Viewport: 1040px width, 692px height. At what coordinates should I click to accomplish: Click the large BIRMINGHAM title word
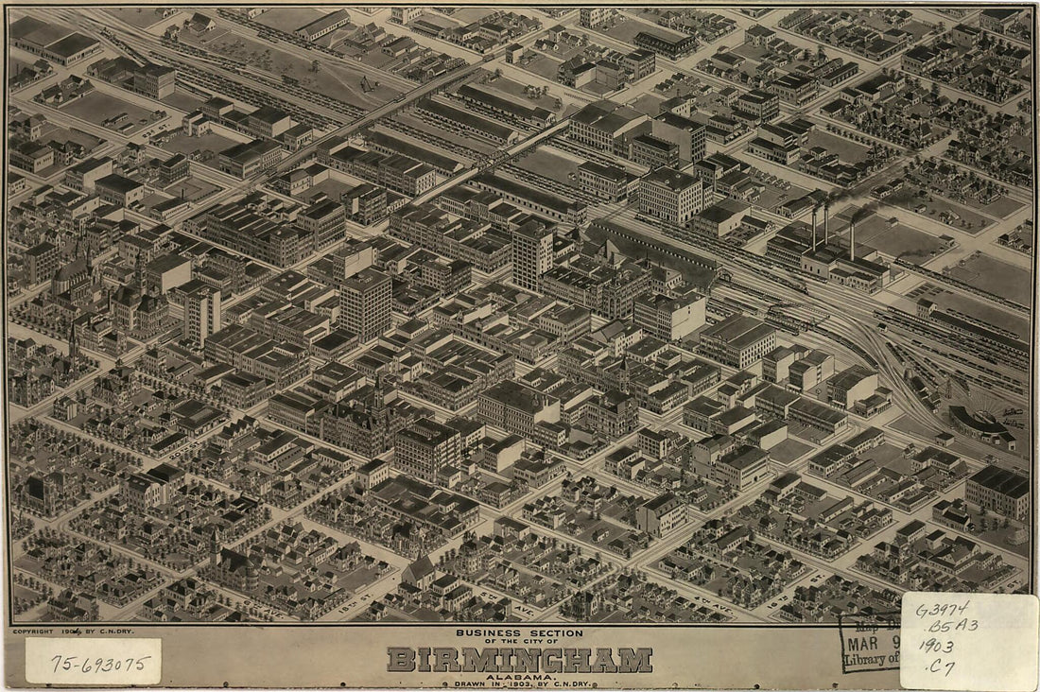[519, 659]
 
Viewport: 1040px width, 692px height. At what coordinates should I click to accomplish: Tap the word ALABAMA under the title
[519, 676]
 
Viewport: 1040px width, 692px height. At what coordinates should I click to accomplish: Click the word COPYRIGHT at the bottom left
[35, 631]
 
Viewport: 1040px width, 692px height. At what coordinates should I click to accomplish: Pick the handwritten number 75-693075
[93, 663]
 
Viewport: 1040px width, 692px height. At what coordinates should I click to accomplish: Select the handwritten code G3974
[943, 610]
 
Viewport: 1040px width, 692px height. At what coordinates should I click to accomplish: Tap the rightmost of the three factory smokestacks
[852, 238]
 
